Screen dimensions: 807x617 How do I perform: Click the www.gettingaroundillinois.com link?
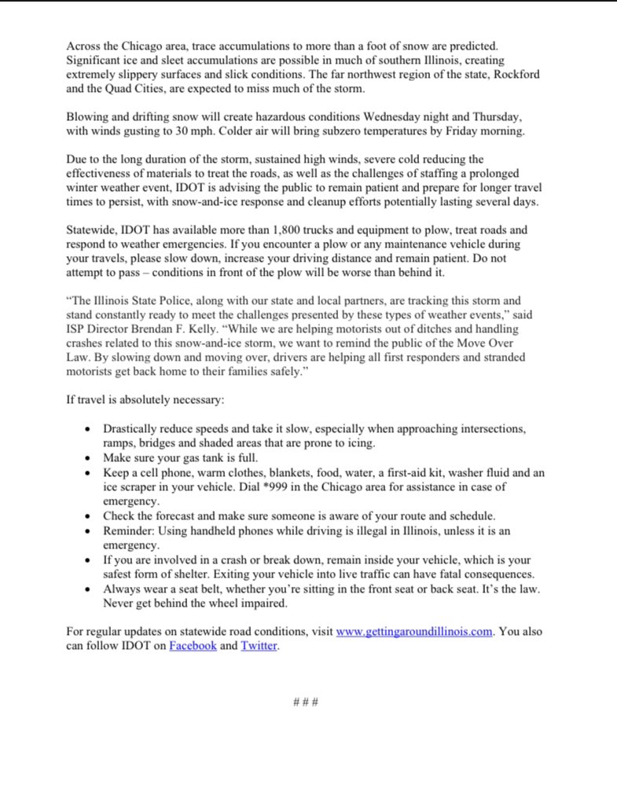click(413, 632)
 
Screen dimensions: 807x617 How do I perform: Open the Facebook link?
click(193, 646)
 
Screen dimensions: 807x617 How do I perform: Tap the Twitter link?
click(259, 646)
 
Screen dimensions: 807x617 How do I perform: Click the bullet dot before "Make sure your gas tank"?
click(87, 458)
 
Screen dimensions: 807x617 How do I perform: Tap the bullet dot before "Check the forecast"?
click(87, 516)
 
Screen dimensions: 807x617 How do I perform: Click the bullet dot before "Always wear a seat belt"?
click(87, 589)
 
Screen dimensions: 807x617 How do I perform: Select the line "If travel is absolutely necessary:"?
click(145, 400)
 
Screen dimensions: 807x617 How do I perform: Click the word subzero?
click(297, 131)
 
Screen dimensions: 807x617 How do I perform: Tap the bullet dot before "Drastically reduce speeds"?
click(87, 429)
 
